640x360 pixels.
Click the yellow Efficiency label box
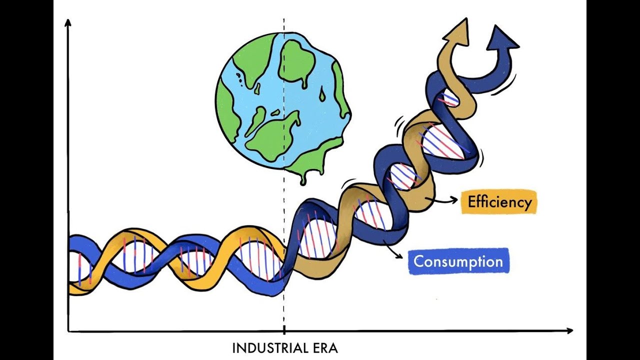pos(499,202)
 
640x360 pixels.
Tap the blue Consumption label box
pos(459,261)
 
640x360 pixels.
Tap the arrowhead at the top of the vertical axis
pos(67,23)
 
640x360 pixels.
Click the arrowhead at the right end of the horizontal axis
pos(569,331)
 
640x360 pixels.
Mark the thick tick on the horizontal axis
pos(284,330)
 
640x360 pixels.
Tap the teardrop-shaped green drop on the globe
pos(322,94)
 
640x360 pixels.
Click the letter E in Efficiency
pos(471,201)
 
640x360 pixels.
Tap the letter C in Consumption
pos(418,261)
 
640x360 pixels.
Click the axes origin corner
pos(68,331)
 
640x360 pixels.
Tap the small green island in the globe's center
pos(275,113)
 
